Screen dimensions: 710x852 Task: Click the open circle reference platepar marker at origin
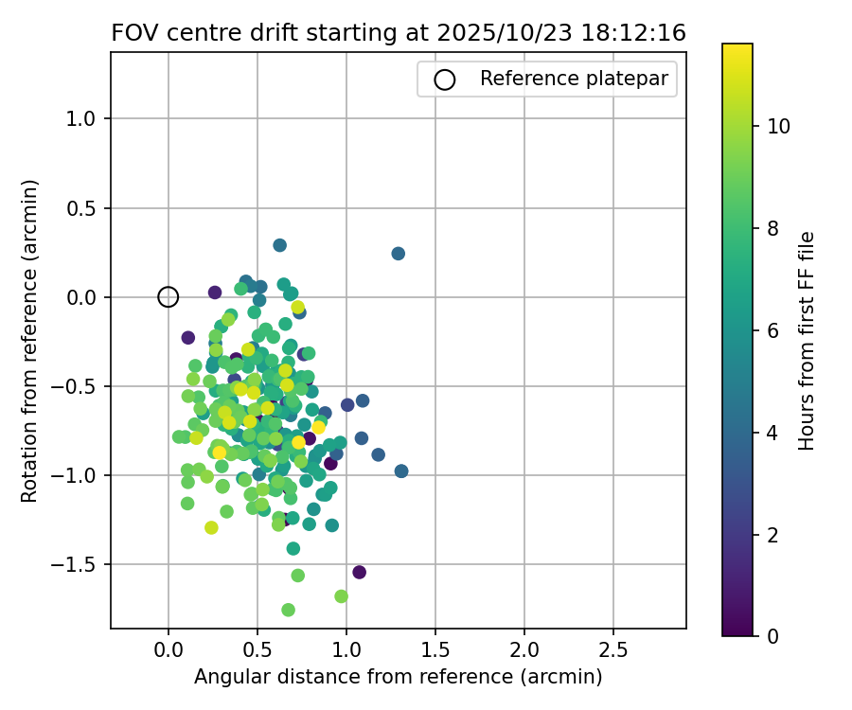168,297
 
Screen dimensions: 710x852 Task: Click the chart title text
399,32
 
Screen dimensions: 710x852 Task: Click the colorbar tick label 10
779,126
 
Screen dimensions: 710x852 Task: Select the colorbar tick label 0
772,636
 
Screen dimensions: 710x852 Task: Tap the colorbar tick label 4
772,433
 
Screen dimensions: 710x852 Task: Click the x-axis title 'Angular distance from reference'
398,678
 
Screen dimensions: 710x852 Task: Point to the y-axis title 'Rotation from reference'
29,340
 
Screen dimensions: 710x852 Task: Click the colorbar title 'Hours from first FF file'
807,340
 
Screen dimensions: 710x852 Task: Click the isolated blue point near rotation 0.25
398,254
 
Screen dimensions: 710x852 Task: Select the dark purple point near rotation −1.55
359,572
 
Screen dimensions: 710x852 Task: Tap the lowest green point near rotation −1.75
288,610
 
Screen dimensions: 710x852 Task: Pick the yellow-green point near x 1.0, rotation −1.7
341,596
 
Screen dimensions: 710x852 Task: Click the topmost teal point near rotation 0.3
279,245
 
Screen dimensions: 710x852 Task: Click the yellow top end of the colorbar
737,47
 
